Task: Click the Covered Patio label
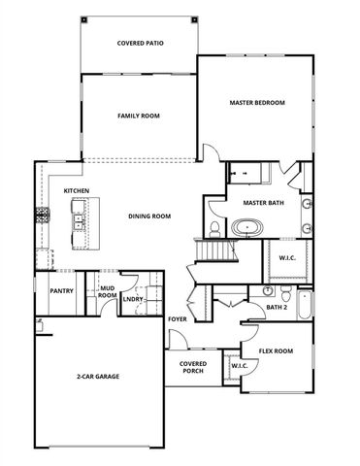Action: pos(139,44)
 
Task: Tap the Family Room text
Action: pos(139,116)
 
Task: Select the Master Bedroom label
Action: pos(257,102)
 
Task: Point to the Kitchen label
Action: pos(78,191)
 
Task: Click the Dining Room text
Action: pos(149,216)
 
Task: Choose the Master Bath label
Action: pos(261,202)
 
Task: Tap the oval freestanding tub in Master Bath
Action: pos(246,228)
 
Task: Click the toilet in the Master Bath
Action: pos(213,229)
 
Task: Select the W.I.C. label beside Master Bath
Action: pos(287,257)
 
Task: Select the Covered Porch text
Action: pos(192,367)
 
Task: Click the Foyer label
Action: pos(178,317)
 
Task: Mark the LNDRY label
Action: pos(132,299)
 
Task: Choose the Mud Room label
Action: pos(107,291)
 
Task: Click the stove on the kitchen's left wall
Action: pos(42,213)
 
